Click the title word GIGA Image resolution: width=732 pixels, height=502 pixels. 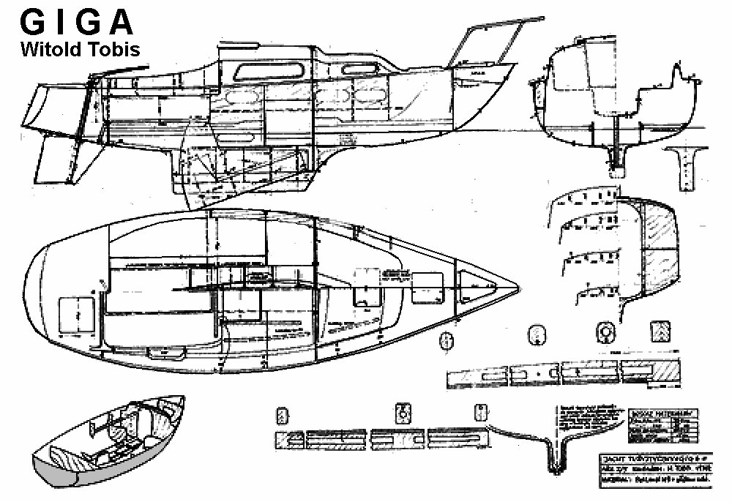pyautogui.click(x=77, y=23)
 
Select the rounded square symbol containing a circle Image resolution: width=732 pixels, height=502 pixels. pyautogui.click(x=605, y=331)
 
